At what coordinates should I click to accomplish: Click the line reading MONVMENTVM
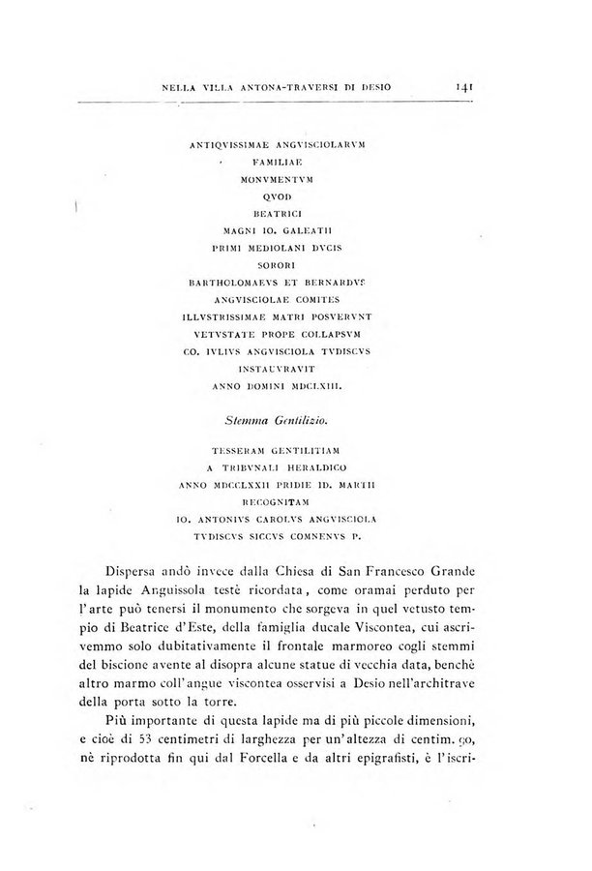(283, 179)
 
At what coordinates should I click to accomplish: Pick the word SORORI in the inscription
(283, 264)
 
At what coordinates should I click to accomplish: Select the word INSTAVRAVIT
(283, 369)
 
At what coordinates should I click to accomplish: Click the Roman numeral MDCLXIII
(326, 386)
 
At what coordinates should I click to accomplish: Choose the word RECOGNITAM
(283, 501)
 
